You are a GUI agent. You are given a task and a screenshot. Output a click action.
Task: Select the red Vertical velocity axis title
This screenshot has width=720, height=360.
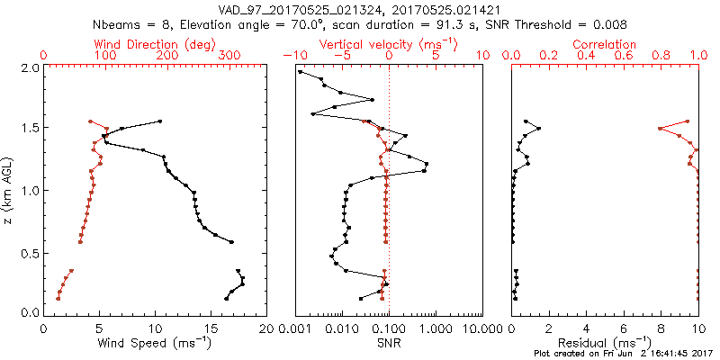tap(388, 44)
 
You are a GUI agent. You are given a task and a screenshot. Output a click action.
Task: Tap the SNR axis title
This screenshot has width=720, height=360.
tap(389, 344)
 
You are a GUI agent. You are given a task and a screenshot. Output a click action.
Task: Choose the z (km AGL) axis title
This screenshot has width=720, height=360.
tap(9, 189)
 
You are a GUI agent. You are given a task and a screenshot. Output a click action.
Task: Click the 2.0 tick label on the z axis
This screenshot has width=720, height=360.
tap(29, 67)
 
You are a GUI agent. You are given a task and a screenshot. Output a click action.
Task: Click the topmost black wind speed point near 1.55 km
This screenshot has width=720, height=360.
tap(160, 121)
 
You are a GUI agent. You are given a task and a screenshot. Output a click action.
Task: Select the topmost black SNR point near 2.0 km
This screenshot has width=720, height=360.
tap(301, 72)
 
